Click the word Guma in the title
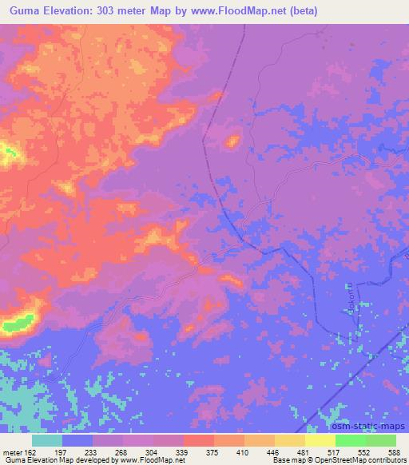tap(24, 10)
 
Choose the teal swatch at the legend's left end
tap(47, 439)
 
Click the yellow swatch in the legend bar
tap(320, 439)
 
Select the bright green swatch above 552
tap(350, 439)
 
